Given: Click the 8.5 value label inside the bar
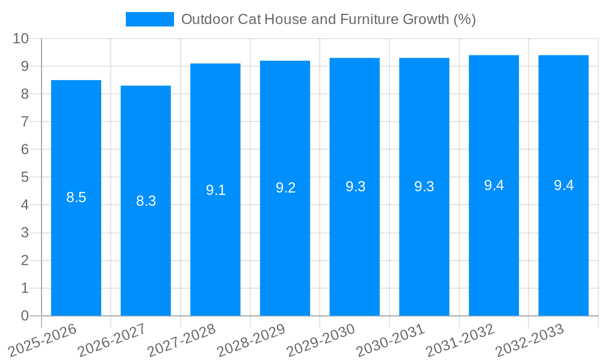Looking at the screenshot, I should click(x=76, y=197).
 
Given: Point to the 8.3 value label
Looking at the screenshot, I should click(x=146, y=201).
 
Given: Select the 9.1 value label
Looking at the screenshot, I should click(x=216, y=190).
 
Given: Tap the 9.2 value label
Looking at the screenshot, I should click(x=285, y=188).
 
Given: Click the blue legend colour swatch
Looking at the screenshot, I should click(x=149, y=19).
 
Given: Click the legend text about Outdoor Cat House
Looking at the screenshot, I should click(x=328, y=19).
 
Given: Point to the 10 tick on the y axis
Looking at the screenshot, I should click(x=21, y=39).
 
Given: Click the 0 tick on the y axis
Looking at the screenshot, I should click(x=25, y=316).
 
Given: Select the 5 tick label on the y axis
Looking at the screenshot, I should click(x=25, y=177).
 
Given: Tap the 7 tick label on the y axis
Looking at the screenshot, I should click(x=25, y=122).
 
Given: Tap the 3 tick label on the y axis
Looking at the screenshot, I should click(x=25, y=233).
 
